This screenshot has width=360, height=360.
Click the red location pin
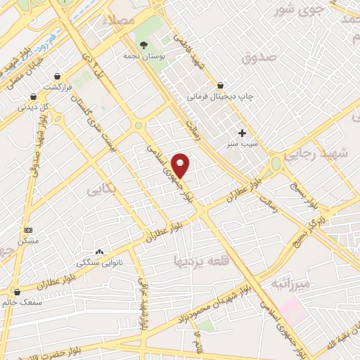tap(181, 165)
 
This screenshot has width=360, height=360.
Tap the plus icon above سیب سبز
tap(243, 132)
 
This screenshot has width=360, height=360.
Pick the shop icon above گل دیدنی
tap(32, 97)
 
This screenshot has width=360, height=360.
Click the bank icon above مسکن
tap(28, 230)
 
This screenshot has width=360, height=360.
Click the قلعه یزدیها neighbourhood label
tap(200, 261)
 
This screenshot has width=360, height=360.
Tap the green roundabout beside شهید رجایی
tap(275, 165)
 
